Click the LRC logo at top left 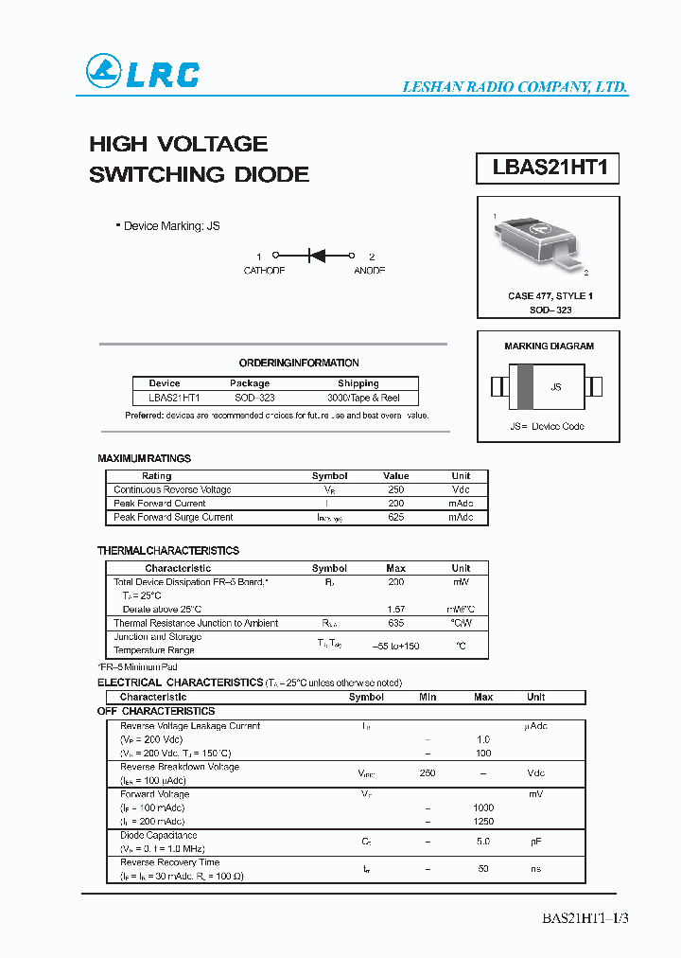[143, 73]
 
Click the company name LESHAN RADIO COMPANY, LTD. [515, 87]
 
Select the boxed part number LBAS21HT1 [548, 169]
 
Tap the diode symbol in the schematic [316, 256]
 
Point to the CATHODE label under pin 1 [264, 271]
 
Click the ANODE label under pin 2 [369, 271]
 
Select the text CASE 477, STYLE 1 [550, 296]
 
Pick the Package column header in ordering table [250, 383]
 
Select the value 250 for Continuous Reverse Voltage [395, 489]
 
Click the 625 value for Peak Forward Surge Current [395, 518]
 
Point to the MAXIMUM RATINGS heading [144, 458]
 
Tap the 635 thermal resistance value [395, 623]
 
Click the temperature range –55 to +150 [395, 646]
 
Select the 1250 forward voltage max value [483, 822]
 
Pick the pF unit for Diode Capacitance [535, 841]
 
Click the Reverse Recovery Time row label [169, 862]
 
